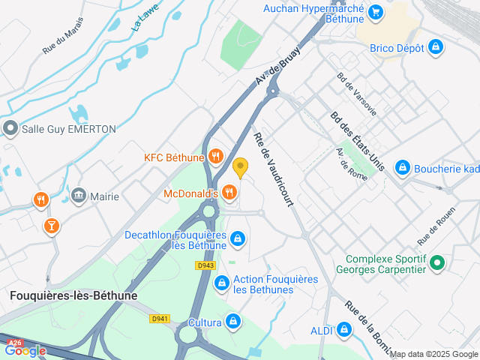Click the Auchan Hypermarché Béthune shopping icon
[x=376, y=11]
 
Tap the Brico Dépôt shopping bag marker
[x=436, y=48]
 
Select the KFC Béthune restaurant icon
[x=216, y=156]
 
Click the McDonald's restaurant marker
[x=229, y=193]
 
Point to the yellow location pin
[x=240, y=167]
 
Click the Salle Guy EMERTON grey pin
[x=10, y=129]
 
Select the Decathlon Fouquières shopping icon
[x=238, y=239]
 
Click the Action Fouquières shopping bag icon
[x=221, y=283]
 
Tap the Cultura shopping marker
[x=233, y=322]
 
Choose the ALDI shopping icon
[x=344, y=329]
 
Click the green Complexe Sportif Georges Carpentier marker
[x=439, y=263]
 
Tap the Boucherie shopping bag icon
[x=403, y=167]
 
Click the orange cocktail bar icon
[x=51, y=225]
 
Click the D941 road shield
[x=159, y=319]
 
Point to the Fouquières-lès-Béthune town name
[x=73, y=295]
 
